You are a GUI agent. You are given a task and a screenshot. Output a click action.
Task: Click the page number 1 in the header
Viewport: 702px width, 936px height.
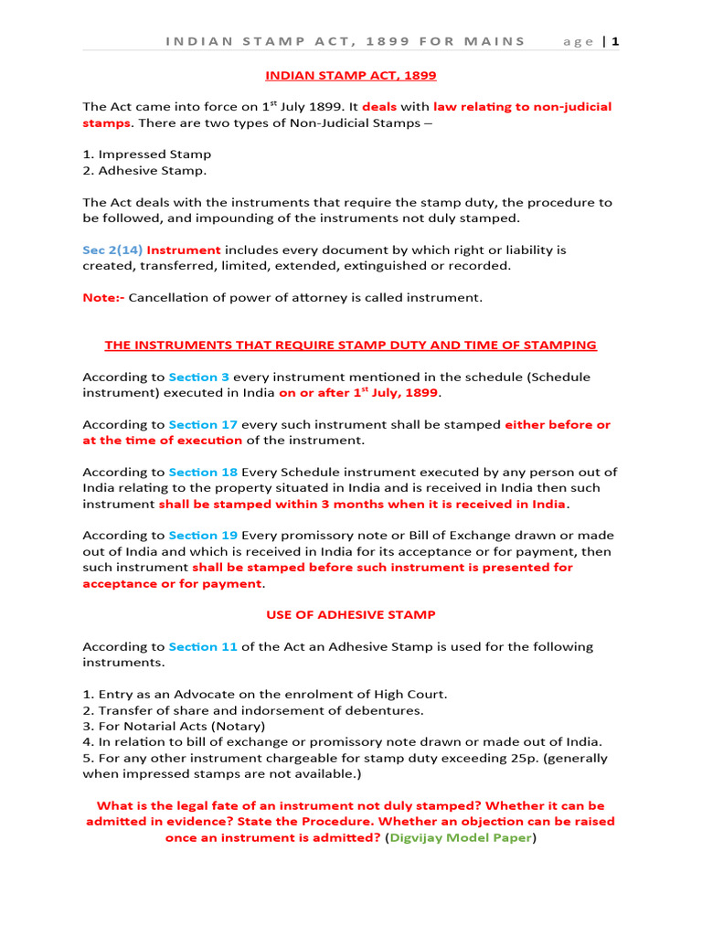(x=616, y=41)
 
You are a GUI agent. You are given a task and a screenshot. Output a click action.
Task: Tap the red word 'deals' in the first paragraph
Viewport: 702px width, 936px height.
(x=379, y=107)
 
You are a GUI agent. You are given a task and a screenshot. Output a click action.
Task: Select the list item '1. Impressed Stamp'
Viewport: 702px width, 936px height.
(x=146, y=154)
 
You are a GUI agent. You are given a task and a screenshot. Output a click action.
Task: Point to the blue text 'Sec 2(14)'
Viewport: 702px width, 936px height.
(x=112, y=250)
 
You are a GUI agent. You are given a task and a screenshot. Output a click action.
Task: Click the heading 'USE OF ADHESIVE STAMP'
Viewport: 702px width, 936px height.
(x=350, y=614)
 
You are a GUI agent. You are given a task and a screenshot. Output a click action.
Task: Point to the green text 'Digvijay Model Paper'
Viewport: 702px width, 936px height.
(x=460, y=836)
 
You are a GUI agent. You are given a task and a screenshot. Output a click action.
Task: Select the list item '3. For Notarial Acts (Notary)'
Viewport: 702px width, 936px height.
(x=174, y=726)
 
